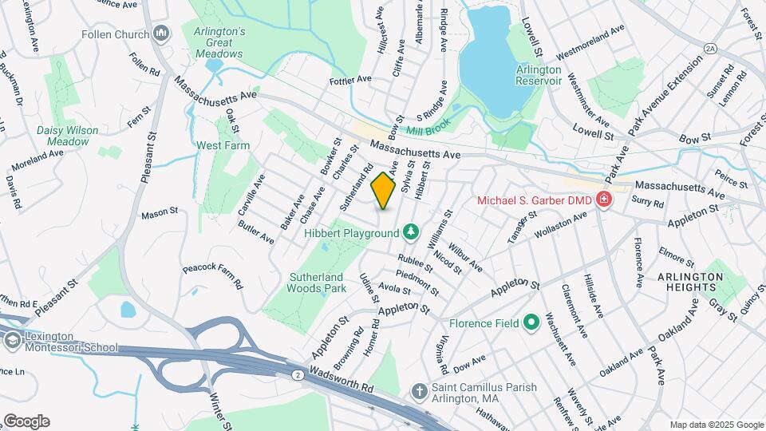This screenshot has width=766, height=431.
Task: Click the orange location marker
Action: [x=384, y=191]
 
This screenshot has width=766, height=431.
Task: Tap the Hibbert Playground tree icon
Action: [x=410, y=232]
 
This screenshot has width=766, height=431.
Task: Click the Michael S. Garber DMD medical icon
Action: [x=604, y=200]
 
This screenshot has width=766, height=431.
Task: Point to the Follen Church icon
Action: [x=162, y=34]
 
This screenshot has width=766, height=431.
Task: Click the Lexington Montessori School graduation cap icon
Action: [x=11, y=342]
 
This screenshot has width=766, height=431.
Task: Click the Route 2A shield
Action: [x=710, y=49]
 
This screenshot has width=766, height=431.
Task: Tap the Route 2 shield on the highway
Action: [x=297, y=374]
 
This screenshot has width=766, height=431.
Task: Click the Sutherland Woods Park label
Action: [x=317, y=282]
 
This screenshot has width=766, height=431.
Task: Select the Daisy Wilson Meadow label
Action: [x=68, y=136]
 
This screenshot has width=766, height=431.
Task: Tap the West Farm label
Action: [x=223, y=146]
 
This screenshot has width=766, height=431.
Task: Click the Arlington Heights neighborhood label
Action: [x=691, y=281]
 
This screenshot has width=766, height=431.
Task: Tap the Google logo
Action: [x=26, y=421]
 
